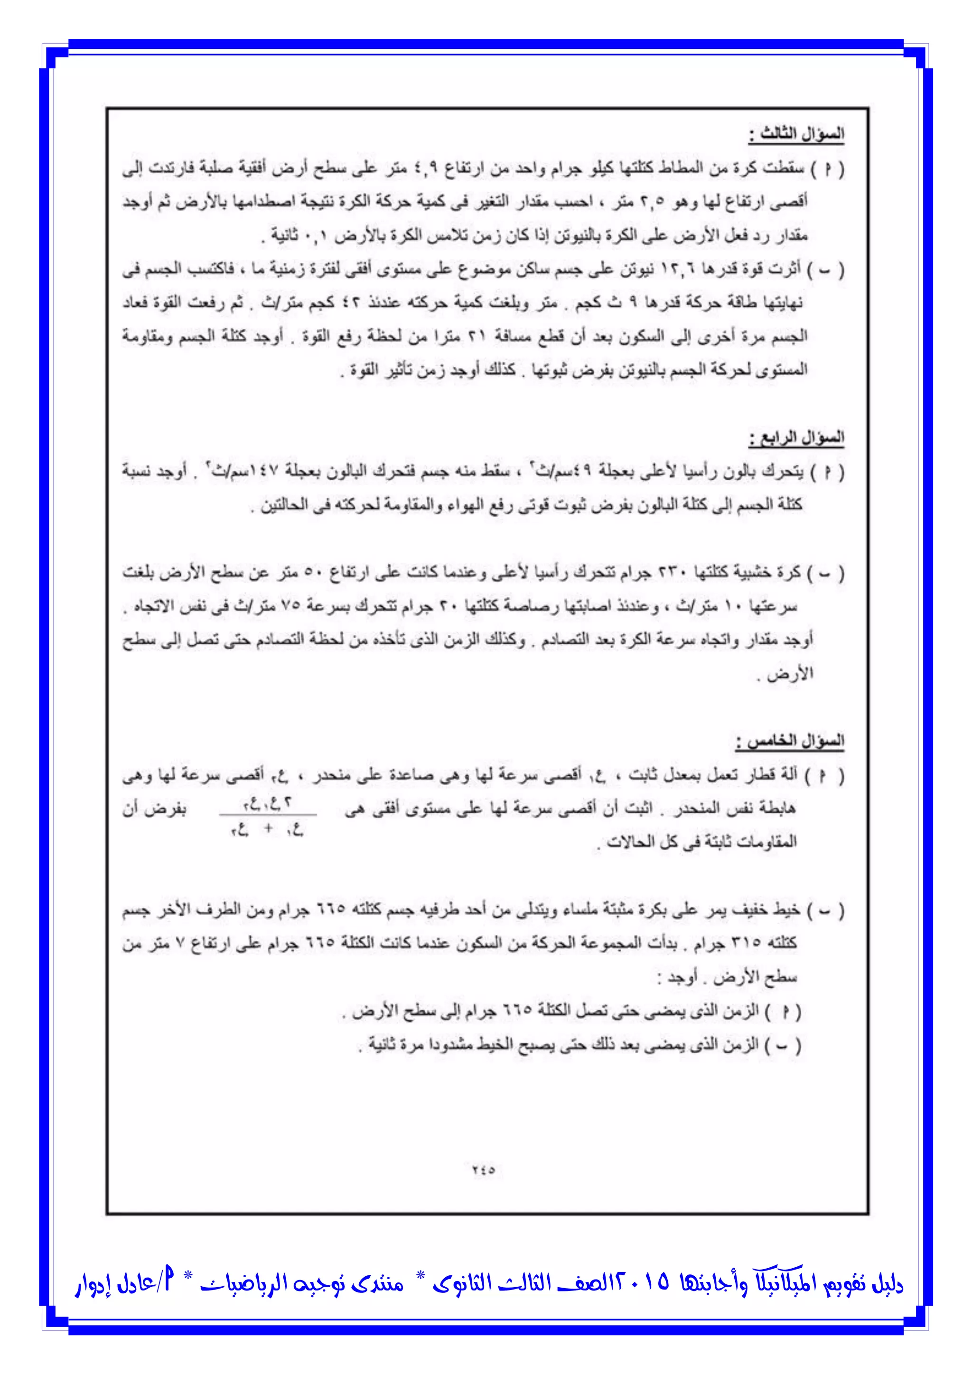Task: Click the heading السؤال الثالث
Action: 796,134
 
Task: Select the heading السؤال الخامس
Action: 790,742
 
